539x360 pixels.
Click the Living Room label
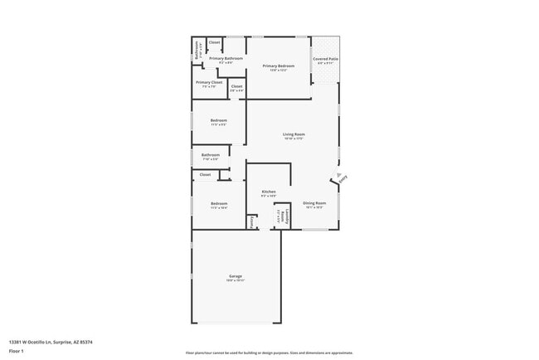(x=294, y=134)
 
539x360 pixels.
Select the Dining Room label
(x=313, y=202)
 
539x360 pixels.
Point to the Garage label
(x=236, y=276)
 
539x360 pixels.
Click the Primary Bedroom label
(x=279, y=66)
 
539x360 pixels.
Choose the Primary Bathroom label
(x=226, y=58)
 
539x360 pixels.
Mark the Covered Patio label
(x=325, y=59)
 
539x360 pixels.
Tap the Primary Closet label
(x=209, y=83)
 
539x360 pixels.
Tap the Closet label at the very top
(x=214, y=42)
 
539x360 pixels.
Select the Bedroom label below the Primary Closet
(x=218, y=121)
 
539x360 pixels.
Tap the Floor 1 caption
(x=17, y=351)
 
